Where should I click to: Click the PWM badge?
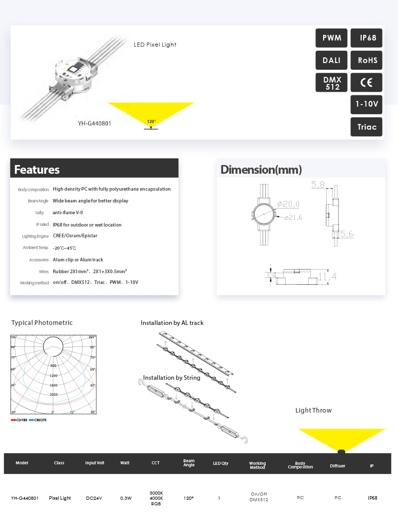(331, 38)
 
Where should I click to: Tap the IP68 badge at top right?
(367, 38)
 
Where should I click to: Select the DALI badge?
(331, 60)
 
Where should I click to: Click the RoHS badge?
(367, 60)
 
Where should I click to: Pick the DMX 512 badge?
(331, 82)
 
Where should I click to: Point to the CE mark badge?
(367, 82)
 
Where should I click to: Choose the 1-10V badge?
(367, 105)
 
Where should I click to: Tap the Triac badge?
(367, 127)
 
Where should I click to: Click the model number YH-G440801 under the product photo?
(94, 123)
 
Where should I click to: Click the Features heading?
(37, 170)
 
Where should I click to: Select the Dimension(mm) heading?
(261, 170)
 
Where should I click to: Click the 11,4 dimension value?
(327, 277)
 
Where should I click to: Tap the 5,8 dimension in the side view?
(317, 185)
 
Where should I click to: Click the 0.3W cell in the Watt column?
(125, 498)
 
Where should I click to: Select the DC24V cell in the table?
(94, 498)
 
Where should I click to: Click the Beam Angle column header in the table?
(189, 463)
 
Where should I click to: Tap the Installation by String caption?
(172, 378)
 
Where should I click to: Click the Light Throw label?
(313, 410)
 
